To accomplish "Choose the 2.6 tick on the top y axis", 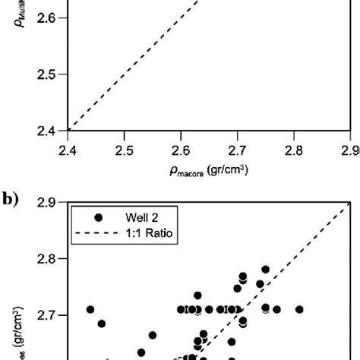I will tap(46, 17).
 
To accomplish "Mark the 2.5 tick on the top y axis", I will tap(46, 74).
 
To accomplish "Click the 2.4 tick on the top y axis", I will tap(46, 131).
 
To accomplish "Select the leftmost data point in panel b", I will tap(90, 309).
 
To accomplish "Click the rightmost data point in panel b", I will tap(300, 309).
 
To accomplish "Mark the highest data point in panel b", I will tap(265, 270).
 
